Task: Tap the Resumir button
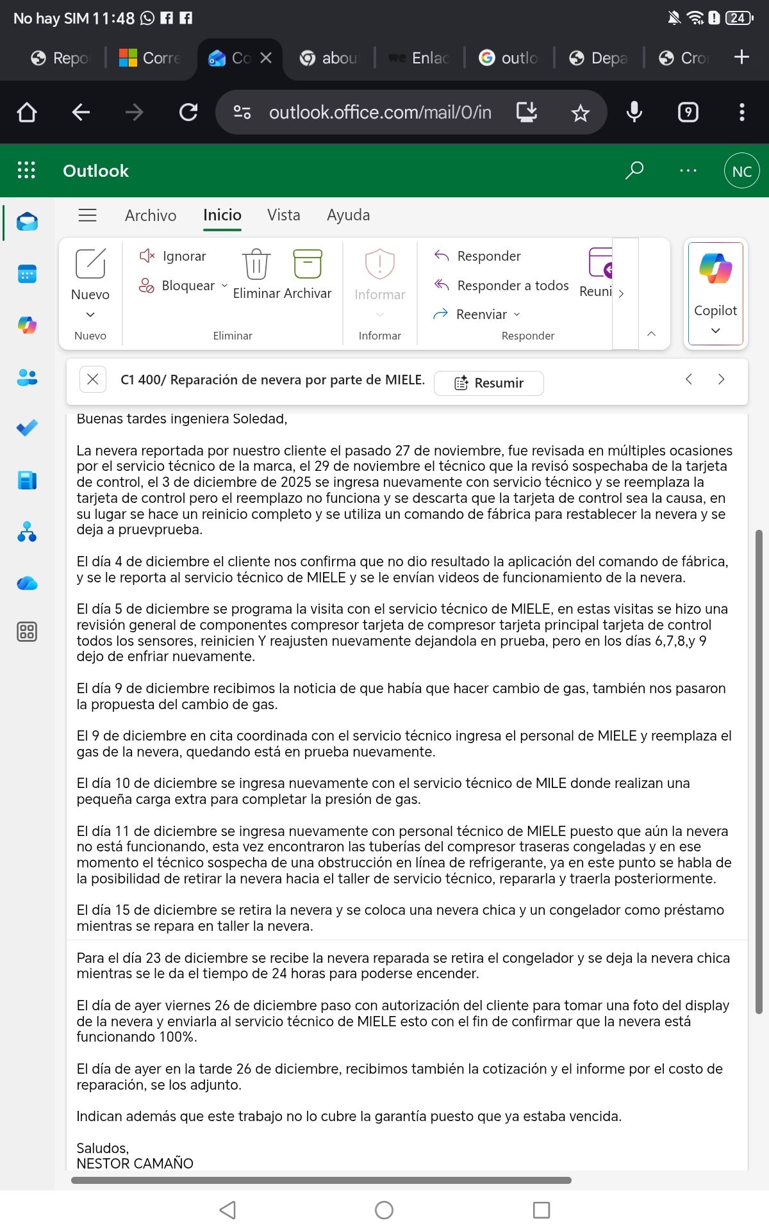pyautogui.click(x=489, y=383)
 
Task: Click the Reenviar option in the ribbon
pyautogui.click(x=481, y=315)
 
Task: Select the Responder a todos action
pyautogui.click(x=512, y=286)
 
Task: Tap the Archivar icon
pyautogui.click(x=308, y=265)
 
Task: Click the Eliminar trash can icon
pyautogui.click(x=256, y=265)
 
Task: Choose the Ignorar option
pyautogui.click(x=183, y=256)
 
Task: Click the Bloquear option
pyautogui.click(x=187, y=286)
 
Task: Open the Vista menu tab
pyautogui.click(x=283, y=215)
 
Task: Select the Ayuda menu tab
pyautogui.click(x=348, y=215)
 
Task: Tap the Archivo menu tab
pyautogui.click(x=151, y=215)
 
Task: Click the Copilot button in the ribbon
pyautogui.click(x=715, y=292)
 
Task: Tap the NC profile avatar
pyautogui.click(x=741, y=171)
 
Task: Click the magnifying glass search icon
pyautogui.click(x=634, y=170)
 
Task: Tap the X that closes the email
pyautogui.click(x=92, y=379)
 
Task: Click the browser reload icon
pyautogui.click(x=188, y=113)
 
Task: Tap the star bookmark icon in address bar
pyautogui.click(x=580, y=113)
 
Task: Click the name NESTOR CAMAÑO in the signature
pyautogui.click(x=135, y=1163)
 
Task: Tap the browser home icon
pyautogui.click(x=27, y=113)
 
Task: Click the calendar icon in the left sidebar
pyautogui.click(x=27, y=275)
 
